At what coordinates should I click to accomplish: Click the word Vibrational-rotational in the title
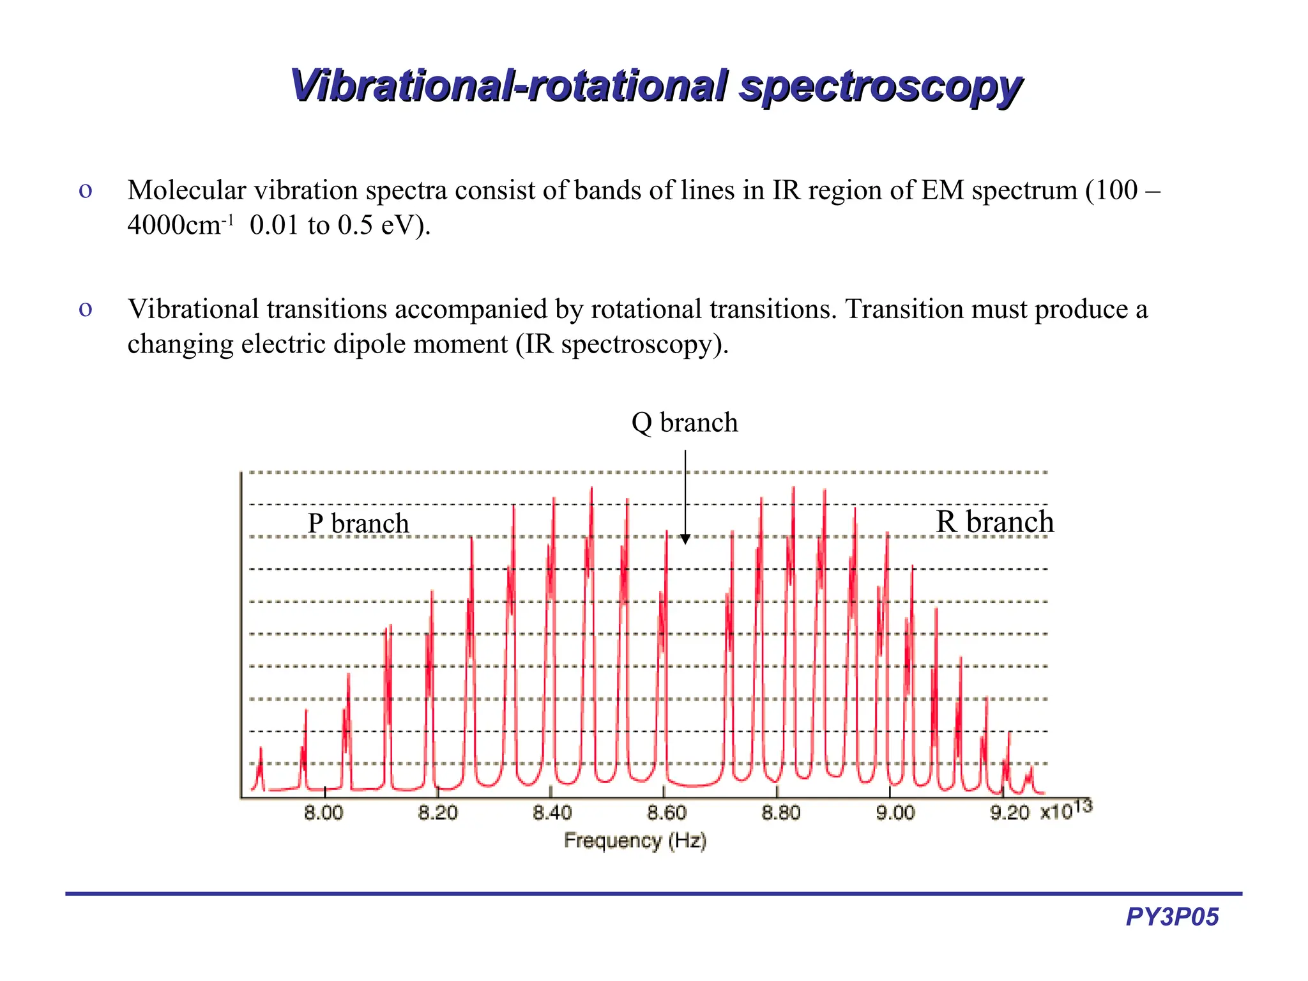coord(508,85)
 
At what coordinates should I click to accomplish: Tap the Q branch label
coord(684,423)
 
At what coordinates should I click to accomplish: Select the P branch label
coord(358,524)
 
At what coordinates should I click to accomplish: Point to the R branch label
coord(994,522)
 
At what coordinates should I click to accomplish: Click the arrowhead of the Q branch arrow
coord(685,539)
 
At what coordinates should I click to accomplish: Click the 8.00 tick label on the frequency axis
coord(324,813)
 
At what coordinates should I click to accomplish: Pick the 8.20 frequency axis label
coord(438,813)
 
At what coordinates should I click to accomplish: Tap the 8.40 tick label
coord(552,813)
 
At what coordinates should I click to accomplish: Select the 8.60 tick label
coord(666,813)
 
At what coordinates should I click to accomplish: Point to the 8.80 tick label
coord(780,813)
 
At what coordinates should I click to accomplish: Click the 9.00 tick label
coord(895,813)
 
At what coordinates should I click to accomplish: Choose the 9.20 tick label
coord(1009,813)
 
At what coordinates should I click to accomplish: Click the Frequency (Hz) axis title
coord(635,840)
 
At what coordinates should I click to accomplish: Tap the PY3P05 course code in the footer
coord(1172,917)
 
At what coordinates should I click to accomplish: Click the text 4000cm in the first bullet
coord(174,225)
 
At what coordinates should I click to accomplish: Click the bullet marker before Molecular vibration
coord(86,190)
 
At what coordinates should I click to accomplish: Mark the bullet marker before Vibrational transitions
coord(86,309)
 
